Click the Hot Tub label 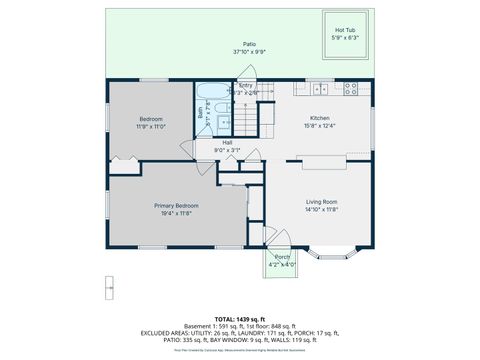click(344, 30)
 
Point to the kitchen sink click(320, 89)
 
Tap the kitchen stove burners click(351, 89)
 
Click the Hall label click(228, 143)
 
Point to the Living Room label click(321, 203)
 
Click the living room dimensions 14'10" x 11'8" click(321, 210)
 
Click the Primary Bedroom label click(176, 206)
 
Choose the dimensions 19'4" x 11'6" click(176, 213)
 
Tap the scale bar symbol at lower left click(107, 288)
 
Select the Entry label click(246, 86)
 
